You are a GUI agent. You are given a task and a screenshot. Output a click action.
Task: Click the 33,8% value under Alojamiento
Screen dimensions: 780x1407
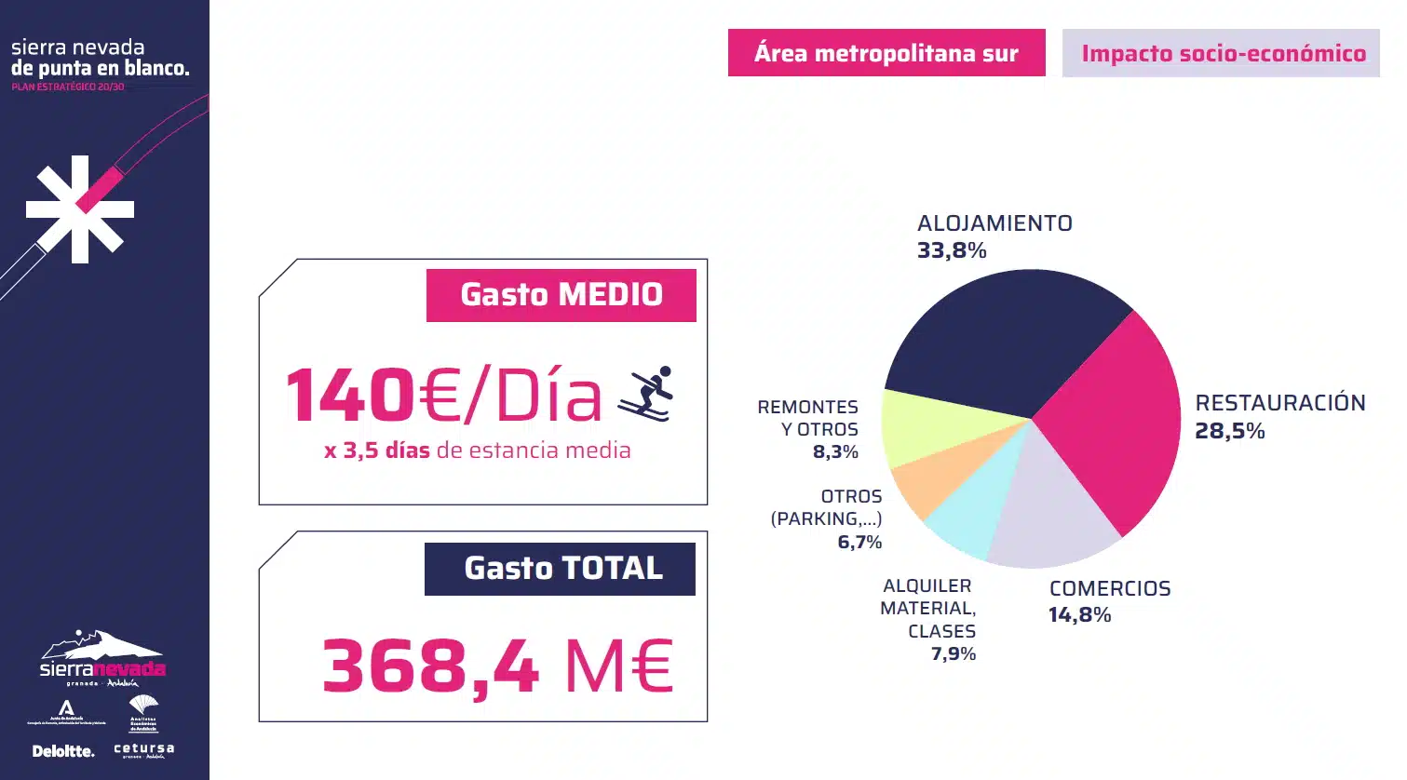(x=952, y=250)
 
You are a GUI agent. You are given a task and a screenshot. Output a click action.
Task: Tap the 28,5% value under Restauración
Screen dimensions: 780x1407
(x=1230, y=431)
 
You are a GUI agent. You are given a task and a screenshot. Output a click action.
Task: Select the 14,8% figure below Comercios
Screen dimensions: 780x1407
(x=1079, y=615)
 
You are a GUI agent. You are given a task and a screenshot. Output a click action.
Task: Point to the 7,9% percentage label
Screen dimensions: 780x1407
(x=954, y=654)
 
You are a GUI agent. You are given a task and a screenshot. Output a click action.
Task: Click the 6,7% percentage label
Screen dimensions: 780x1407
(x=859, y=542)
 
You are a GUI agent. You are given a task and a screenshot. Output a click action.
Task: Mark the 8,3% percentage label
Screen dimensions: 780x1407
(x=835, y=452)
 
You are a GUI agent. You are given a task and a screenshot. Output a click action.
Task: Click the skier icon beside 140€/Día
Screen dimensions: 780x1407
(x=646, y=393)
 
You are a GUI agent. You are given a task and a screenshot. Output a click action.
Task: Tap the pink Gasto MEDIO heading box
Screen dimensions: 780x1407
(x=561, y=295)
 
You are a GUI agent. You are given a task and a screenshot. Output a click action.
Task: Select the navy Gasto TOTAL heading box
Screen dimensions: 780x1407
(x=561, y=569)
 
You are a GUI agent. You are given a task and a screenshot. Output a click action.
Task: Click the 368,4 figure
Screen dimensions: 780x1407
(x=430, y=666)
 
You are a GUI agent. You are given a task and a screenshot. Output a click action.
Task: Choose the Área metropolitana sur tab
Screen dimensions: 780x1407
(x=886, y=53)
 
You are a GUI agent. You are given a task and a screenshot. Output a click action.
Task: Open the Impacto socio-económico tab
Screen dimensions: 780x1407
(x=1222, y=53)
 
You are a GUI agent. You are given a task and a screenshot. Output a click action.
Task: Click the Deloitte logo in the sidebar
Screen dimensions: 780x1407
(x=63, y=751)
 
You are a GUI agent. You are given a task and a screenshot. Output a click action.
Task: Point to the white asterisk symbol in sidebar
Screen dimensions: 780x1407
(x=79, y=210)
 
